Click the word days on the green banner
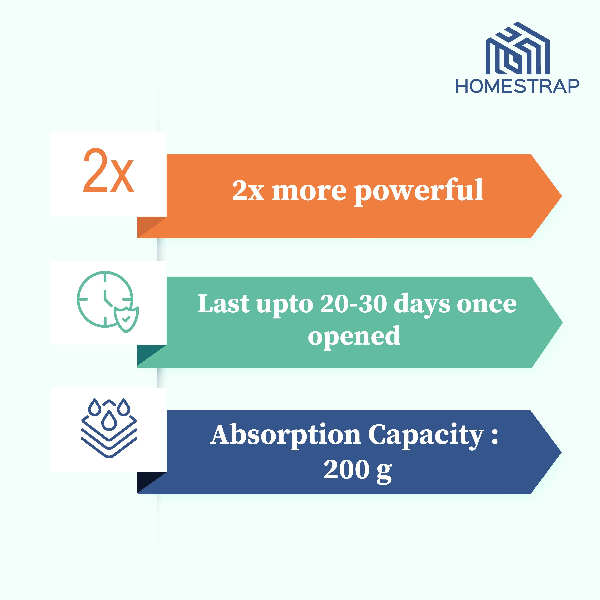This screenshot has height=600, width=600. coord(422,305)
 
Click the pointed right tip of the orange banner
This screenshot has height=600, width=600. coord(562,196)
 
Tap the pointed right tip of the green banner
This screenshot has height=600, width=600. coord(562,322)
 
